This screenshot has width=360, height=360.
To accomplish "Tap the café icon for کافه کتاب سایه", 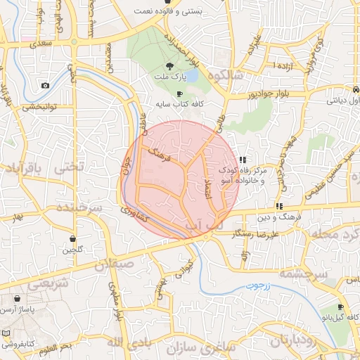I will (x=179, y=94).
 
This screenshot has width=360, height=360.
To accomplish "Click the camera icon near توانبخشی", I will (x=46, y=86).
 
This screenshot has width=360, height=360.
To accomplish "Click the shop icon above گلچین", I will (x=73, y=238).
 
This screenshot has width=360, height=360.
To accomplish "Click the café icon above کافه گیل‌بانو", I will (x=341, y=307).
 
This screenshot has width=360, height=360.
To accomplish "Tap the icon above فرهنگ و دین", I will (x=279, y=207).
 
